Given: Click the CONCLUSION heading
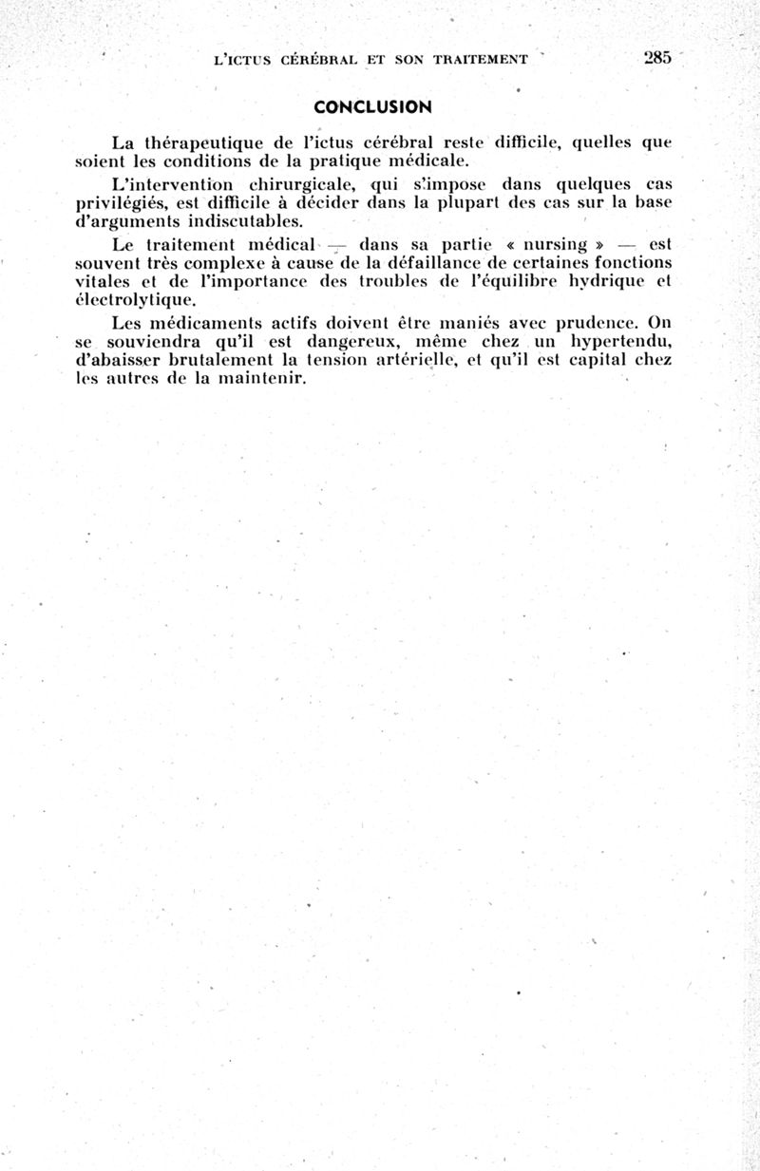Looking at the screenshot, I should point(372,105).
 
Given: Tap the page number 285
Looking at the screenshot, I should point(656,57).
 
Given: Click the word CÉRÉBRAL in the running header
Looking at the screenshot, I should point(318,59).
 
